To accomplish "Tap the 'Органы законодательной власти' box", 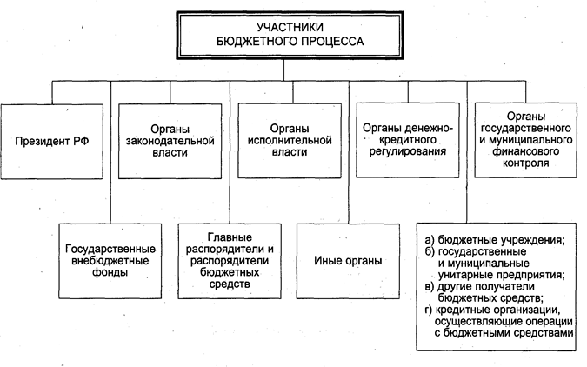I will click(170, 139).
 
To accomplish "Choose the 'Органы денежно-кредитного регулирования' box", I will click(408, 139).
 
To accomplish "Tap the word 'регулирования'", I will click(408, 151).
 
